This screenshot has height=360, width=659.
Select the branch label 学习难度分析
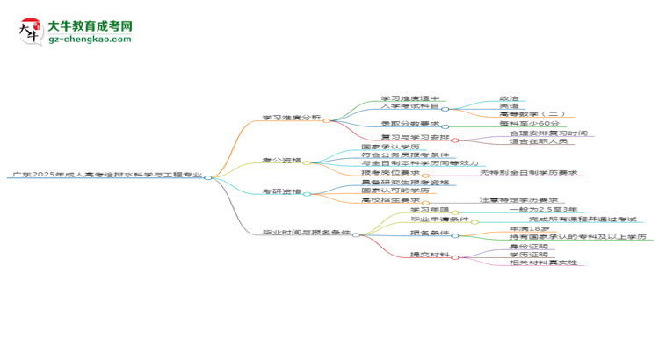coord(291,118)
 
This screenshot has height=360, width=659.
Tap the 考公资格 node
coord(281,161)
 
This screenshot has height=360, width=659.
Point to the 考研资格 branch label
coord(281,191)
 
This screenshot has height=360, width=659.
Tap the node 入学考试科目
coord(409,106)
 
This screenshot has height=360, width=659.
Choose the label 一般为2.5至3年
coord(542,210)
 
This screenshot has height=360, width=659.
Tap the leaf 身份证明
coord(527,246)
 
